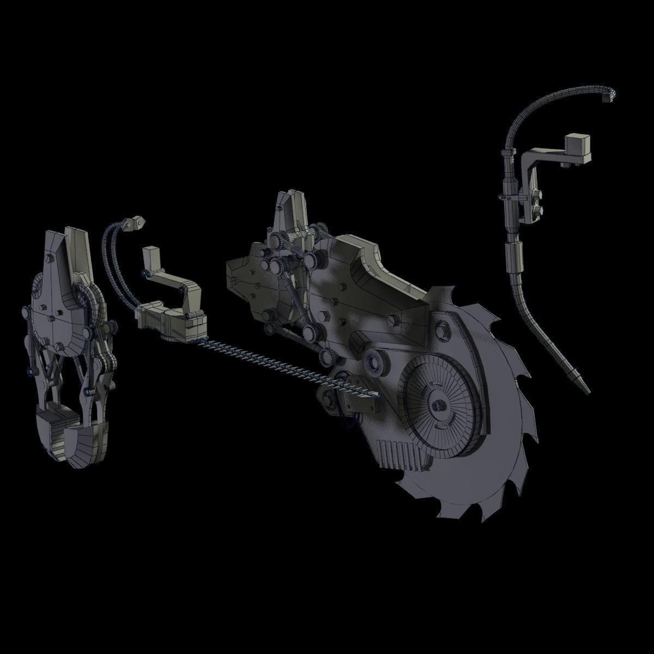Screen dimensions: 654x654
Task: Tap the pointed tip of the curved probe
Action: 586,391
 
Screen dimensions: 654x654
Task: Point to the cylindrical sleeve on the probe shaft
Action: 513,256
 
